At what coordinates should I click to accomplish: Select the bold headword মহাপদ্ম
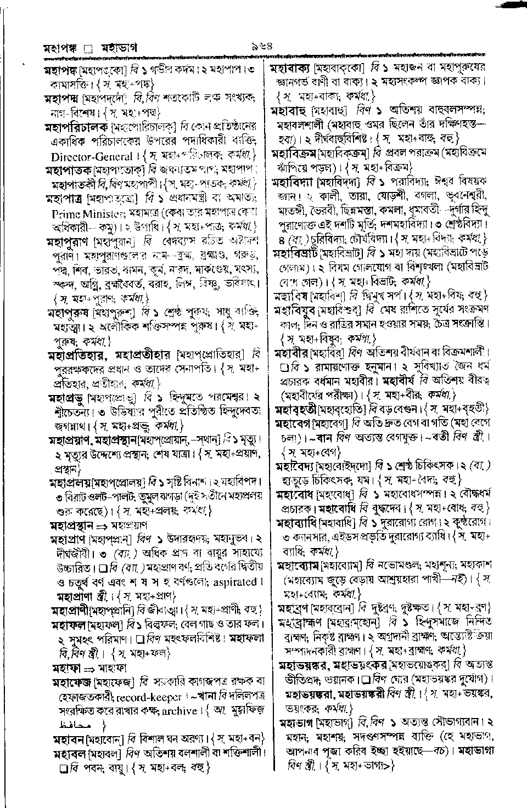pos(61,99)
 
